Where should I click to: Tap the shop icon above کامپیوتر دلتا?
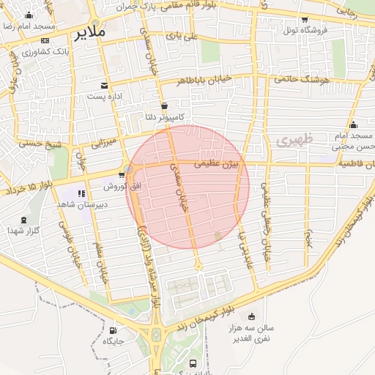[163, 105]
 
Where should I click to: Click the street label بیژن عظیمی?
[217, 166]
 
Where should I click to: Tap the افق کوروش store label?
[121, 186]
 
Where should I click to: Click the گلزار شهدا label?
[23, 231]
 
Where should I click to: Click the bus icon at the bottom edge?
[193, 363]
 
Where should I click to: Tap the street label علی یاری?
[181, 34]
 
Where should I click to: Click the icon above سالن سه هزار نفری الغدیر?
[252, 317]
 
